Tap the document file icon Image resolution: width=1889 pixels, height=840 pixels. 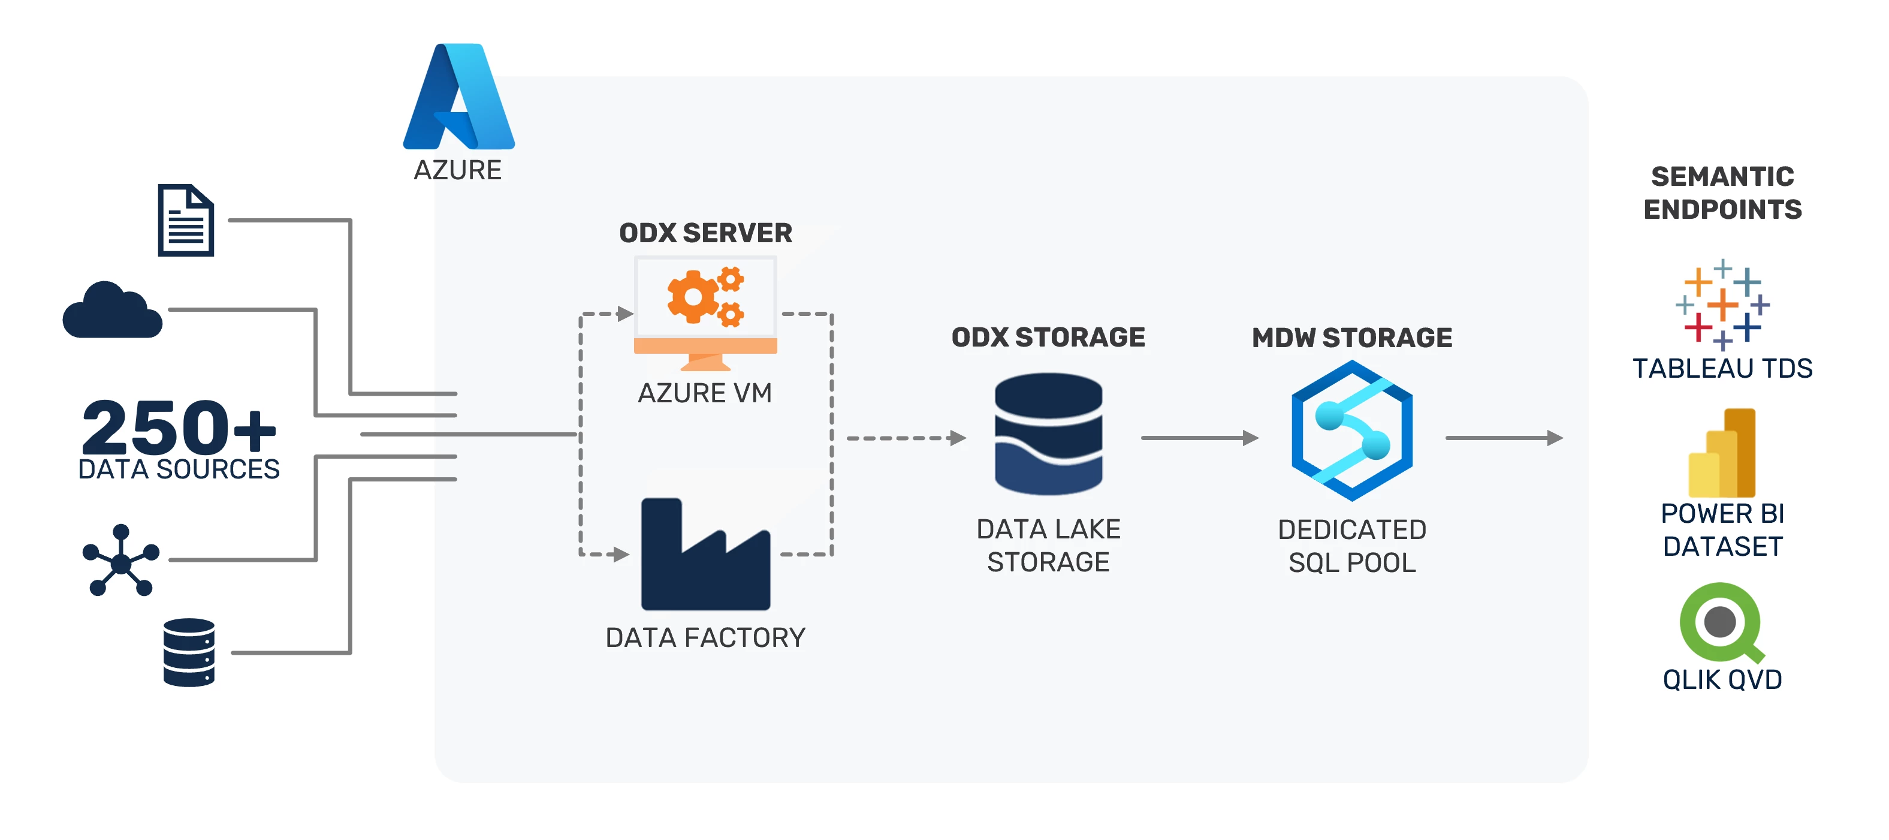186,220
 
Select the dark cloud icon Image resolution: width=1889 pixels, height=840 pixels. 112,311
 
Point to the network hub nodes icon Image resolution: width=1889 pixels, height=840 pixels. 120,561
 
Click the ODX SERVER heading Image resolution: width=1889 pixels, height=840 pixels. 705,233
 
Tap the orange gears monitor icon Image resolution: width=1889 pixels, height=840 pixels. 705,312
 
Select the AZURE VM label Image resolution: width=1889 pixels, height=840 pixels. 705,393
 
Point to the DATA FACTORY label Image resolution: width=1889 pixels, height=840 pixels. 705,637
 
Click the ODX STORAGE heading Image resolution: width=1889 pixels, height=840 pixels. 1048,337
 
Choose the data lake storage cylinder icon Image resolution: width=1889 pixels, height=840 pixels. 1048,434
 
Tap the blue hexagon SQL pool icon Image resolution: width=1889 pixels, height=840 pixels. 1351,430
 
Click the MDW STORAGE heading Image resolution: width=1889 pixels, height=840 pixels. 1351,338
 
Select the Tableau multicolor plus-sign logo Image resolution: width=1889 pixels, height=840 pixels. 1722,304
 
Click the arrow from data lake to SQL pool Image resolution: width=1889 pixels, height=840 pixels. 1199,438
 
